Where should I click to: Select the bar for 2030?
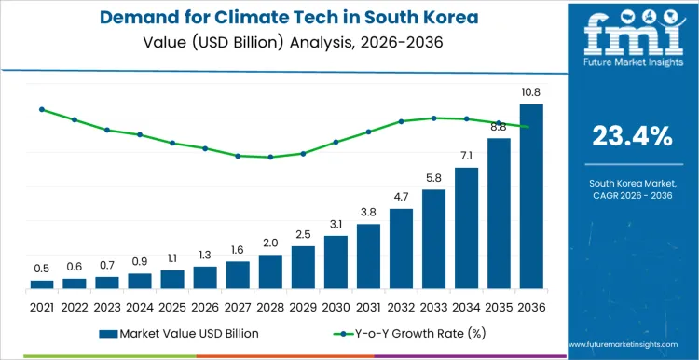point(336,262)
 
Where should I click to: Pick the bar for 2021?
point(42,284)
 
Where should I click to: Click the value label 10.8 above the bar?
point(531,92)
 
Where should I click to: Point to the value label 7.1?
point(466,156)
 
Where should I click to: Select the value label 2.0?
point(270,242)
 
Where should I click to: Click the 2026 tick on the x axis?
point(205,306)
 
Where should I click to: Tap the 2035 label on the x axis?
point(499,306)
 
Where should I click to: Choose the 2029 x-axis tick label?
point(303,306)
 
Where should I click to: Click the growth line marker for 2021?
point(42,109)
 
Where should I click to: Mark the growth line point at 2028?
point(270,157)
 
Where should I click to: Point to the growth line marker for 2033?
point(433,118)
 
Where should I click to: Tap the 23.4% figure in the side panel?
point(632,136)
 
